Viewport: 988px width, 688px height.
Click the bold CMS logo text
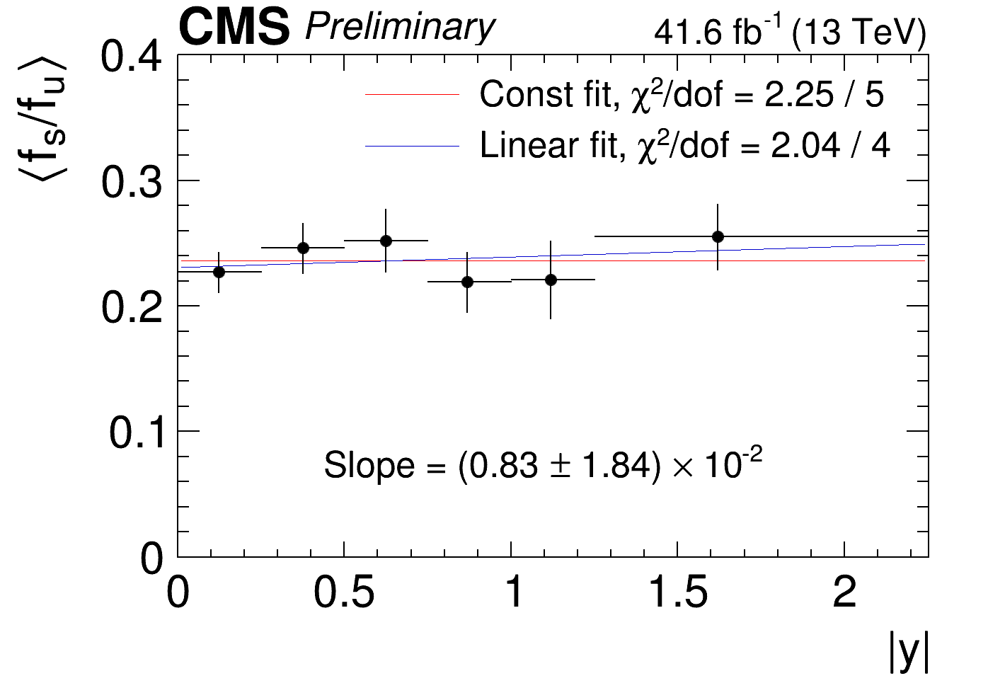tap(234, 28)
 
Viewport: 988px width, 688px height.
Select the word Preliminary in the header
tap(400, 28)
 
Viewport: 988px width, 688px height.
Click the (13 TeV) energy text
tap(858, 33)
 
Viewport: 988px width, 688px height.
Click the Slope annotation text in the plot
tap(543, 465)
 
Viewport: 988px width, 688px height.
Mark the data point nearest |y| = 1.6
tap(718, 236)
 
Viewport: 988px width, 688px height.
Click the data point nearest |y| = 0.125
tap(219, 272)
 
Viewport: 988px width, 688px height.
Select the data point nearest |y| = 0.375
tap(303, 248)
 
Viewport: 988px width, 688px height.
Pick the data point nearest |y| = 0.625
tap(386, 241)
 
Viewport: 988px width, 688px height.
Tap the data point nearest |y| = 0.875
tap(467, 282)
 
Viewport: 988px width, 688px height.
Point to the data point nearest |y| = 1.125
tap(551, 280)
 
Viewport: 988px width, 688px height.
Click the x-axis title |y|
tap(908, 653)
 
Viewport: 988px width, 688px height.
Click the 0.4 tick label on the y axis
tap(131, 57)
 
